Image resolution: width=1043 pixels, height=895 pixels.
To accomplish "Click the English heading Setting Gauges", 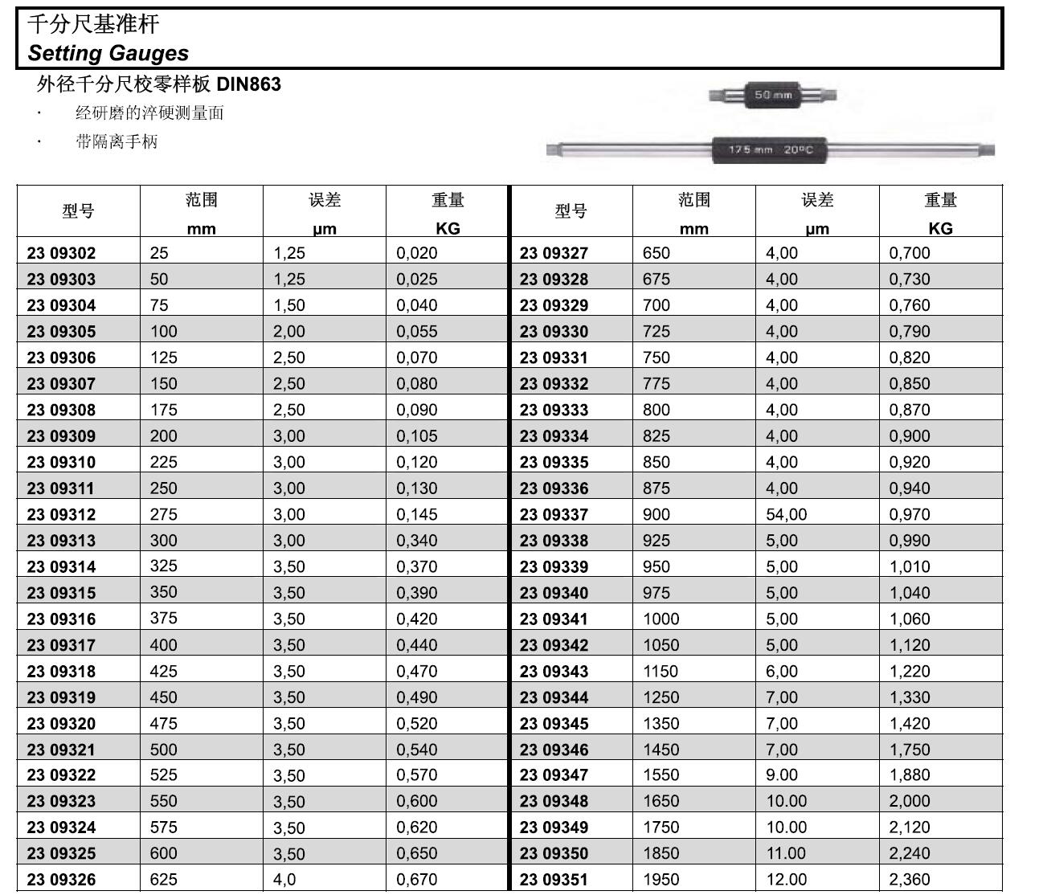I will [108, 53].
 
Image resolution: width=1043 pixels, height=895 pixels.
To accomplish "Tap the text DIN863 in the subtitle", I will [249, 84].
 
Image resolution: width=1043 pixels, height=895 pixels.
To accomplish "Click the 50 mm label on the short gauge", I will [773, 95].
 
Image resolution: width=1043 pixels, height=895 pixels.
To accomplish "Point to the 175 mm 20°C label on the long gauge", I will [771, 150].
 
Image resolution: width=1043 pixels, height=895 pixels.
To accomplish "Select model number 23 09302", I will [61, 253].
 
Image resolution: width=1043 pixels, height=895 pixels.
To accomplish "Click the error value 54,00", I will [786, 514].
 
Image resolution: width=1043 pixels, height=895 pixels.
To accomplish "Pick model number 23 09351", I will [554, 880].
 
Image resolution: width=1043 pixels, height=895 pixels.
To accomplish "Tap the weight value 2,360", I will [909, 880].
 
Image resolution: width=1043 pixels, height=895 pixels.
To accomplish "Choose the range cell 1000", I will [661, 619].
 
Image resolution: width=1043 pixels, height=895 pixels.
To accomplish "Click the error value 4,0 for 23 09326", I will [284, 880].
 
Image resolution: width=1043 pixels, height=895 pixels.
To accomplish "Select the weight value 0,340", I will [416, 541].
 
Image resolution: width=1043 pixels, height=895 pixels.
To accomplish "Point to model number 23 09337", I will [554, 514].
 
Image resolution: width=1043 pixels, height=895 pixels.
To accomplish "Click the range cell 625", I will [163, 880].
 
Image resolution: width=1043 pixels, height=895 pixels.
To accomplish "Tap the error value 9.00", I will [782, 775].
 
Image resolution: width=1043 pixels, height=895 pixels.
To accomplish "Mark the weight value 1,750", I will [909, 750].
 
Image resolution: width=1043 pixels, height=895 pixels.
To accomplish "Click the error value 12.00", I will [786, 880].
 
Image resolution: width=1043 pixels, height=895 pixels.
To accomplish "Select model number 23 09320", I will [61, 723].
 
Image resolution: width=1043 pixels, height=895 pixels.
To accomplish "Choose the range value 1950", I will [661, 880].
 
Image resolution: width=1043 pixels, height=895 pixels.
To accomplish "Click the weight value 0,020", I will [416, 253].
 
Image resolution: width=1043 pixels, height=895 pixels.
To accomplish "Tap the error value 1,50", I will [289, 305].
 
